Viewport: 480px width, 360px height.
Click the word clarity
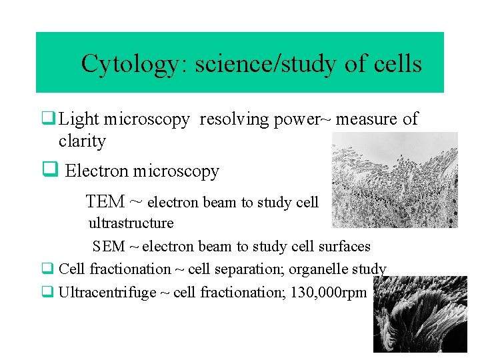(82, 141)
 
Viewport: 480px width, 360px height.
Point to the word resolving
(230, 119)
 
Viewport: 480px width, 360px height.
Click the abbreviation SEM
(109, 247)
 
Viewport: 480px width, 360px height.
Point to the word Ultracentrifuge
(106, 292)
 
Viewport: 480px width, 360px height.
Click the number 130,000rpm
(329, 292)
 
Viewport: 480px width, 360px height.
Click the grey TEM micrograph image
(395, 179)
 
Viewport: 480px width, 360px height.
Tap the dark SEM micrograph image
(420, 314)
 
